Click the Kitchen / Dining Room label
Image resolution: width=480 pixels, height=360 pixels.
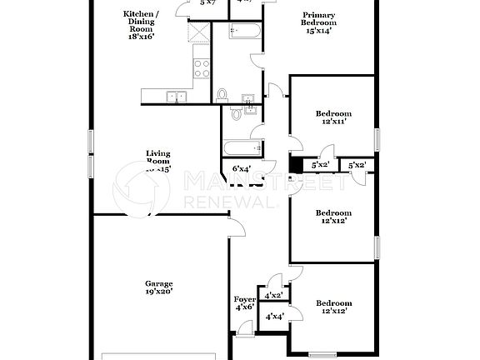tap(142, 21)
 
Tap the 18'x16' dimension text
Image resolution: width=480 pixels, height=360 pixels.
tap(142, 37)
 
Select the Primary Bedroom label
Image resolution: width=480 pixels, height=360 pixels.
tap(319, 19)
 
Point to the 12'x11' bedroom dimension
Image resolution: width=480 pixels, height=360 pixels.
tap(332, 122)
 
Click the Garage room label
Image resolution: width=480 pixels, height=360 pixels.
tap(159, 283)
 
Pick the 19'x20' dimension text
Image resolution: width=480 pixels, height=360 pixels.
tap(159, 292)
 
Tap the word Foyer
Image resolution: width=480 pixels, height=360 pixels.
tap(243, 299)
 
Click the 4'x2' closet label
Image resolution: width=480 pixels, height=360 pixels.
tap(273, 295)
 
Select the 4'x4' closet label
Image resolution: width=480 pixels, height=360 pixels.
tap(273, 317)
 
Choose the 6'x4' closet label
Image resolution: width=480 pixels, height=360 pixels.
tap(242, 169)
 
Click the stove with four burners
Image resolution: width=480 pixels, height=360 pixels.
tap(201, 67)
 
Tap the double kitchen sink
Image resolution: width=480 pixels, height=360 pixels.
tap(176, 97)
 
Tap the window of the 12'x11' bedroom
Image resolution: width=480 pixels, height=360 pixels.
tap(376, 137)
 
